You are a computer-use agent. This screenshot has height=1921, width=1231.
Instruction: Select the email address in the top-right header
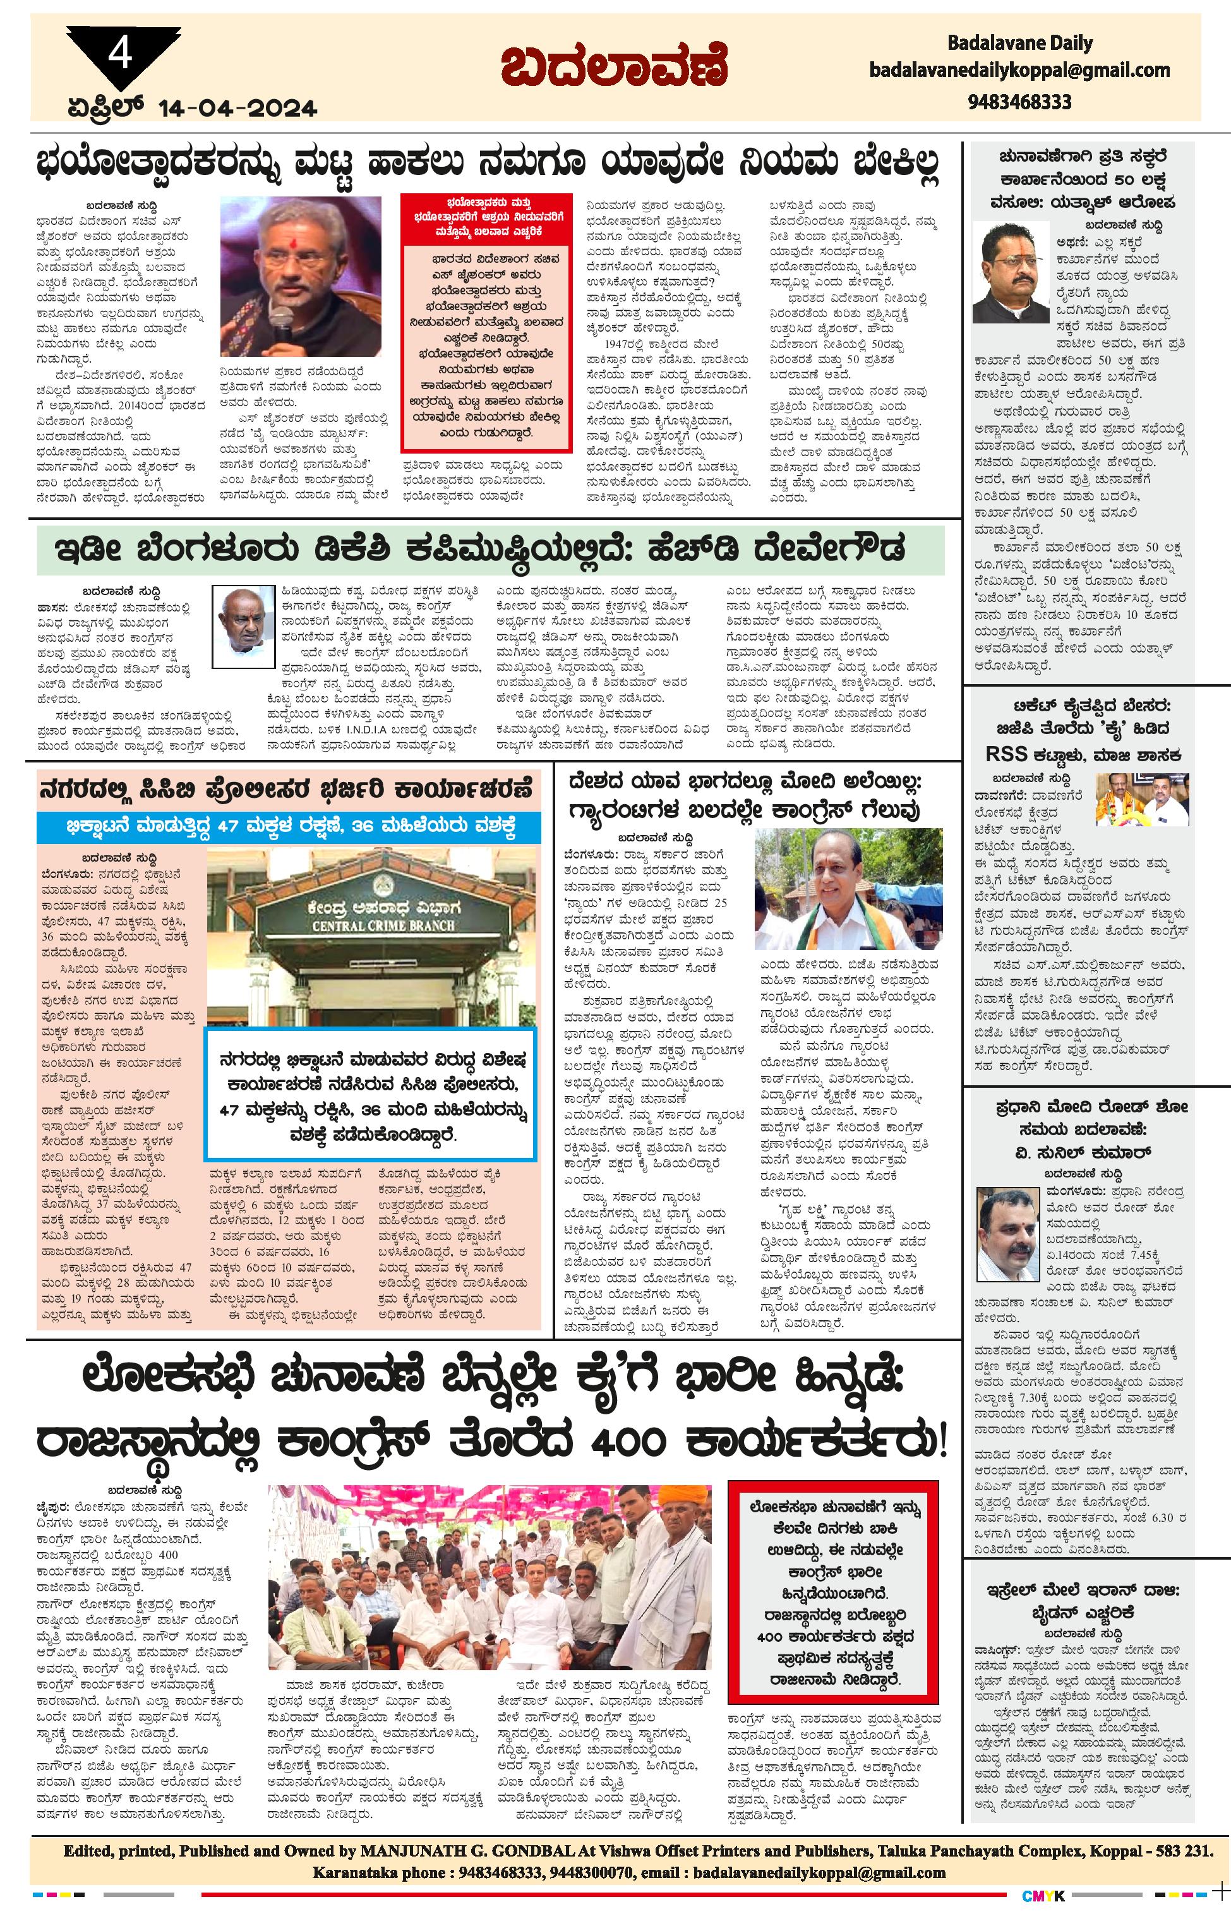click(1019, 70)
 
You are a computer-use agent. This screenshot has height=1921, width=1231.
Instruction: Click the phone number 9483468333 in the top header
click(1019, 102)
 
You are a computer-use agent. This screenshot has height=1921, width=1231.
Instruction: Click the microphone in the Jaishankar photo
click(280, 325)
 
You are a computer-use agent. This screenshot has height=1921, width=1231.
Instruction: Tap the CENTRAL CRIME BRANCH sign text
click(373, 925)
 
